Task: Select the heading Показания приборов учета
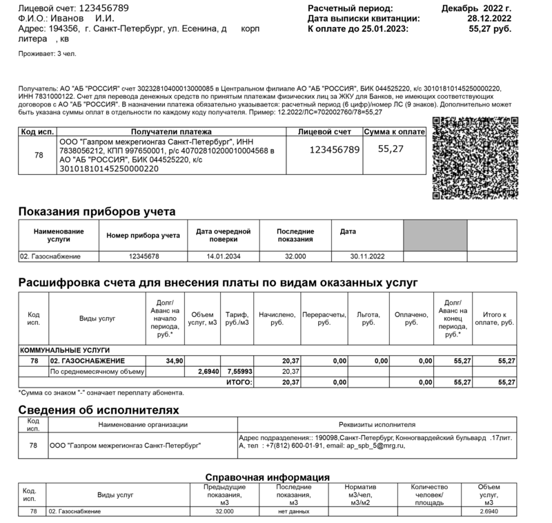[x=97, y=211]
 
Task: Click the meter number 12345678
[x=144, y=256]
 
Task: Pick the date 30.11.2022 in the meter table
[x=366, y=256]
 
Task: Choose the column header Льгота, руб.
[x=368, y=318]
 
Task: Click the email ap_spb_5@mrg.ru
[x=372, y=446]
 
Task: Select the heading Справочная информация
[x=268, y=477]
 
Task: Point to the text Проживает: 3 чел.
[x=48, y=53]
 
